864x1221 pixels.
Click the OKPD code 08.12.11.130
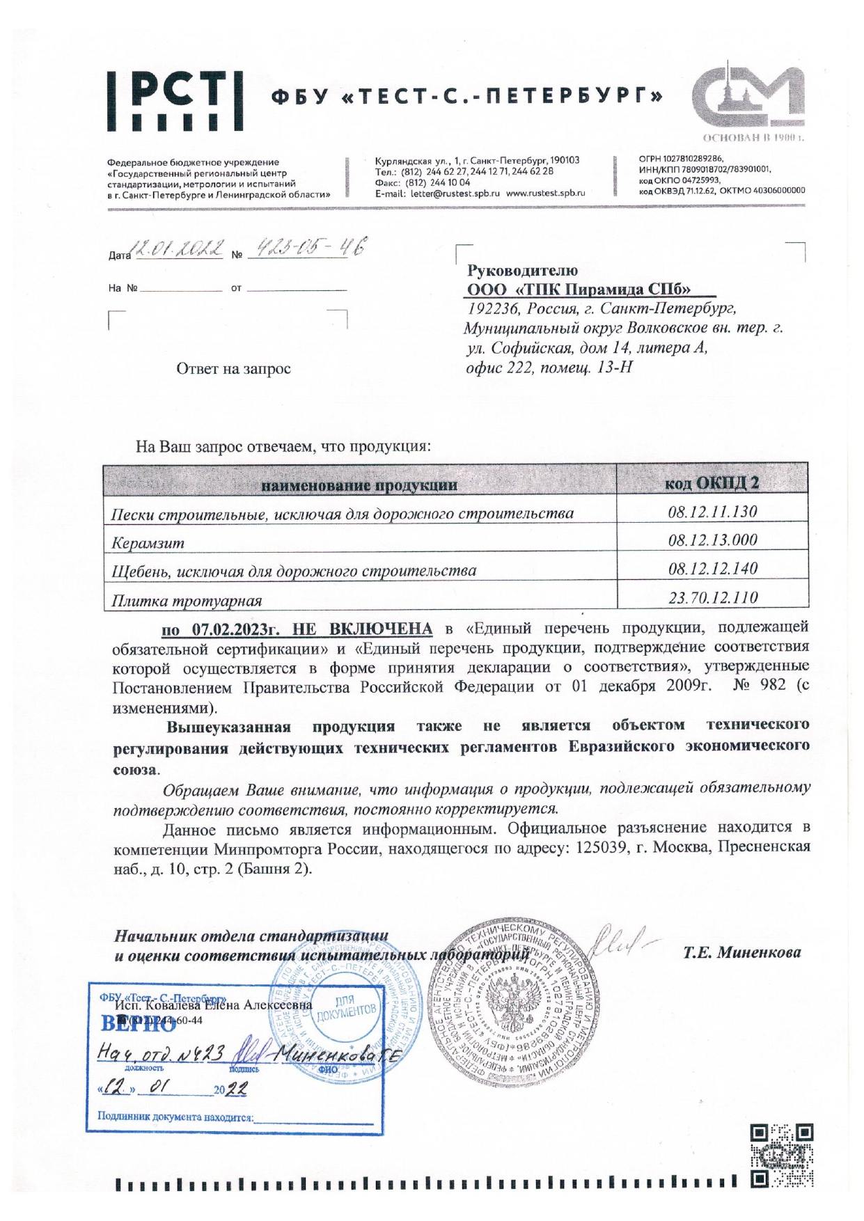click(712, 512)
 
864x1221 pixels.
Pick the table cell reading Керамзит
click(148, 542)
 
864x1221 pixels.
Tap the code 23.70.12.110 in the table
click(712, 597)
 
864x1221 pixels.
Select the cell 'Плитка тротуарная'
click(187, 600)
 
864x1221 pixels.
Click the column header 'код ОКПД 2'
click(712, 484)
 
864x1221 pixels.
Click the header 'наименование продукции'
click(359, 485)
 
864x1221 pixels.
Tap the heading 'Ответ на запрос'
click(233, 369)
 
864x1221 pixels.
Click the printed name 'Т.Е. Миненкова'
click(741, 952)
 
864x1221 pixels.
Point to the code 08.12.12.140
click(712, 569)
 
